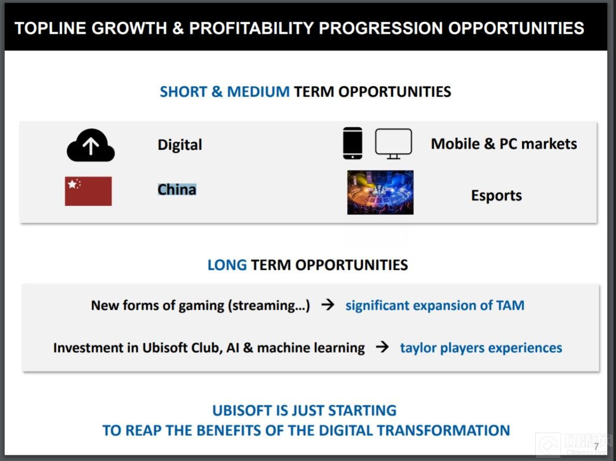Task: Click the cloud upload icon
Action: click(91, 146)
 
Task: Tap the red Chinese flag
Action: click(89, 191)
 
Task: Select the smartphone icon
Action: click(353, 143)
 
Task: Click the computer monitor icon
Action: click(394, 143)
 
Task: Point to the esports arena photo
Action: click(380, 192)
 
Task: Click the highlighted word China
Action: click(177, 190)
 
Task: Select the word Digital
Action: click(180, 145)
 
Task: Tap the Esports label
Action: click(496, 196)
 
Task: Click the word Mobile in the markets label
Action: click(455, 143)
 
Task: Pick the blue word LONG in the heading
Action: click(227, 265)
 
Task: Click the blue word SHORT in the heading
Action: click(183, 92)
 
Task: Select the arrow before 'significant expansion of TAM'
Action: click(327, 305)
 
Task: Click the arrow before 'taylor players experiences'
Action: click(382, 347)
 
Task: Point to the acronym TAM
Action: click(510, 305)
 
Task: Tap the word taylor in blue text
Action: click(419, 348)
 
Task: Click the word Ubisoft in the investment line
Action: click(165, 348)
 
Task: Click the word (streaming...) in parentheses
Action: click(269, 306)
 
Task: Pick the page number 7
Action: click(596, 446)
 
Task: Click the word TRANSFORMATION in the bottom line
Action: click(443, 430)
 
